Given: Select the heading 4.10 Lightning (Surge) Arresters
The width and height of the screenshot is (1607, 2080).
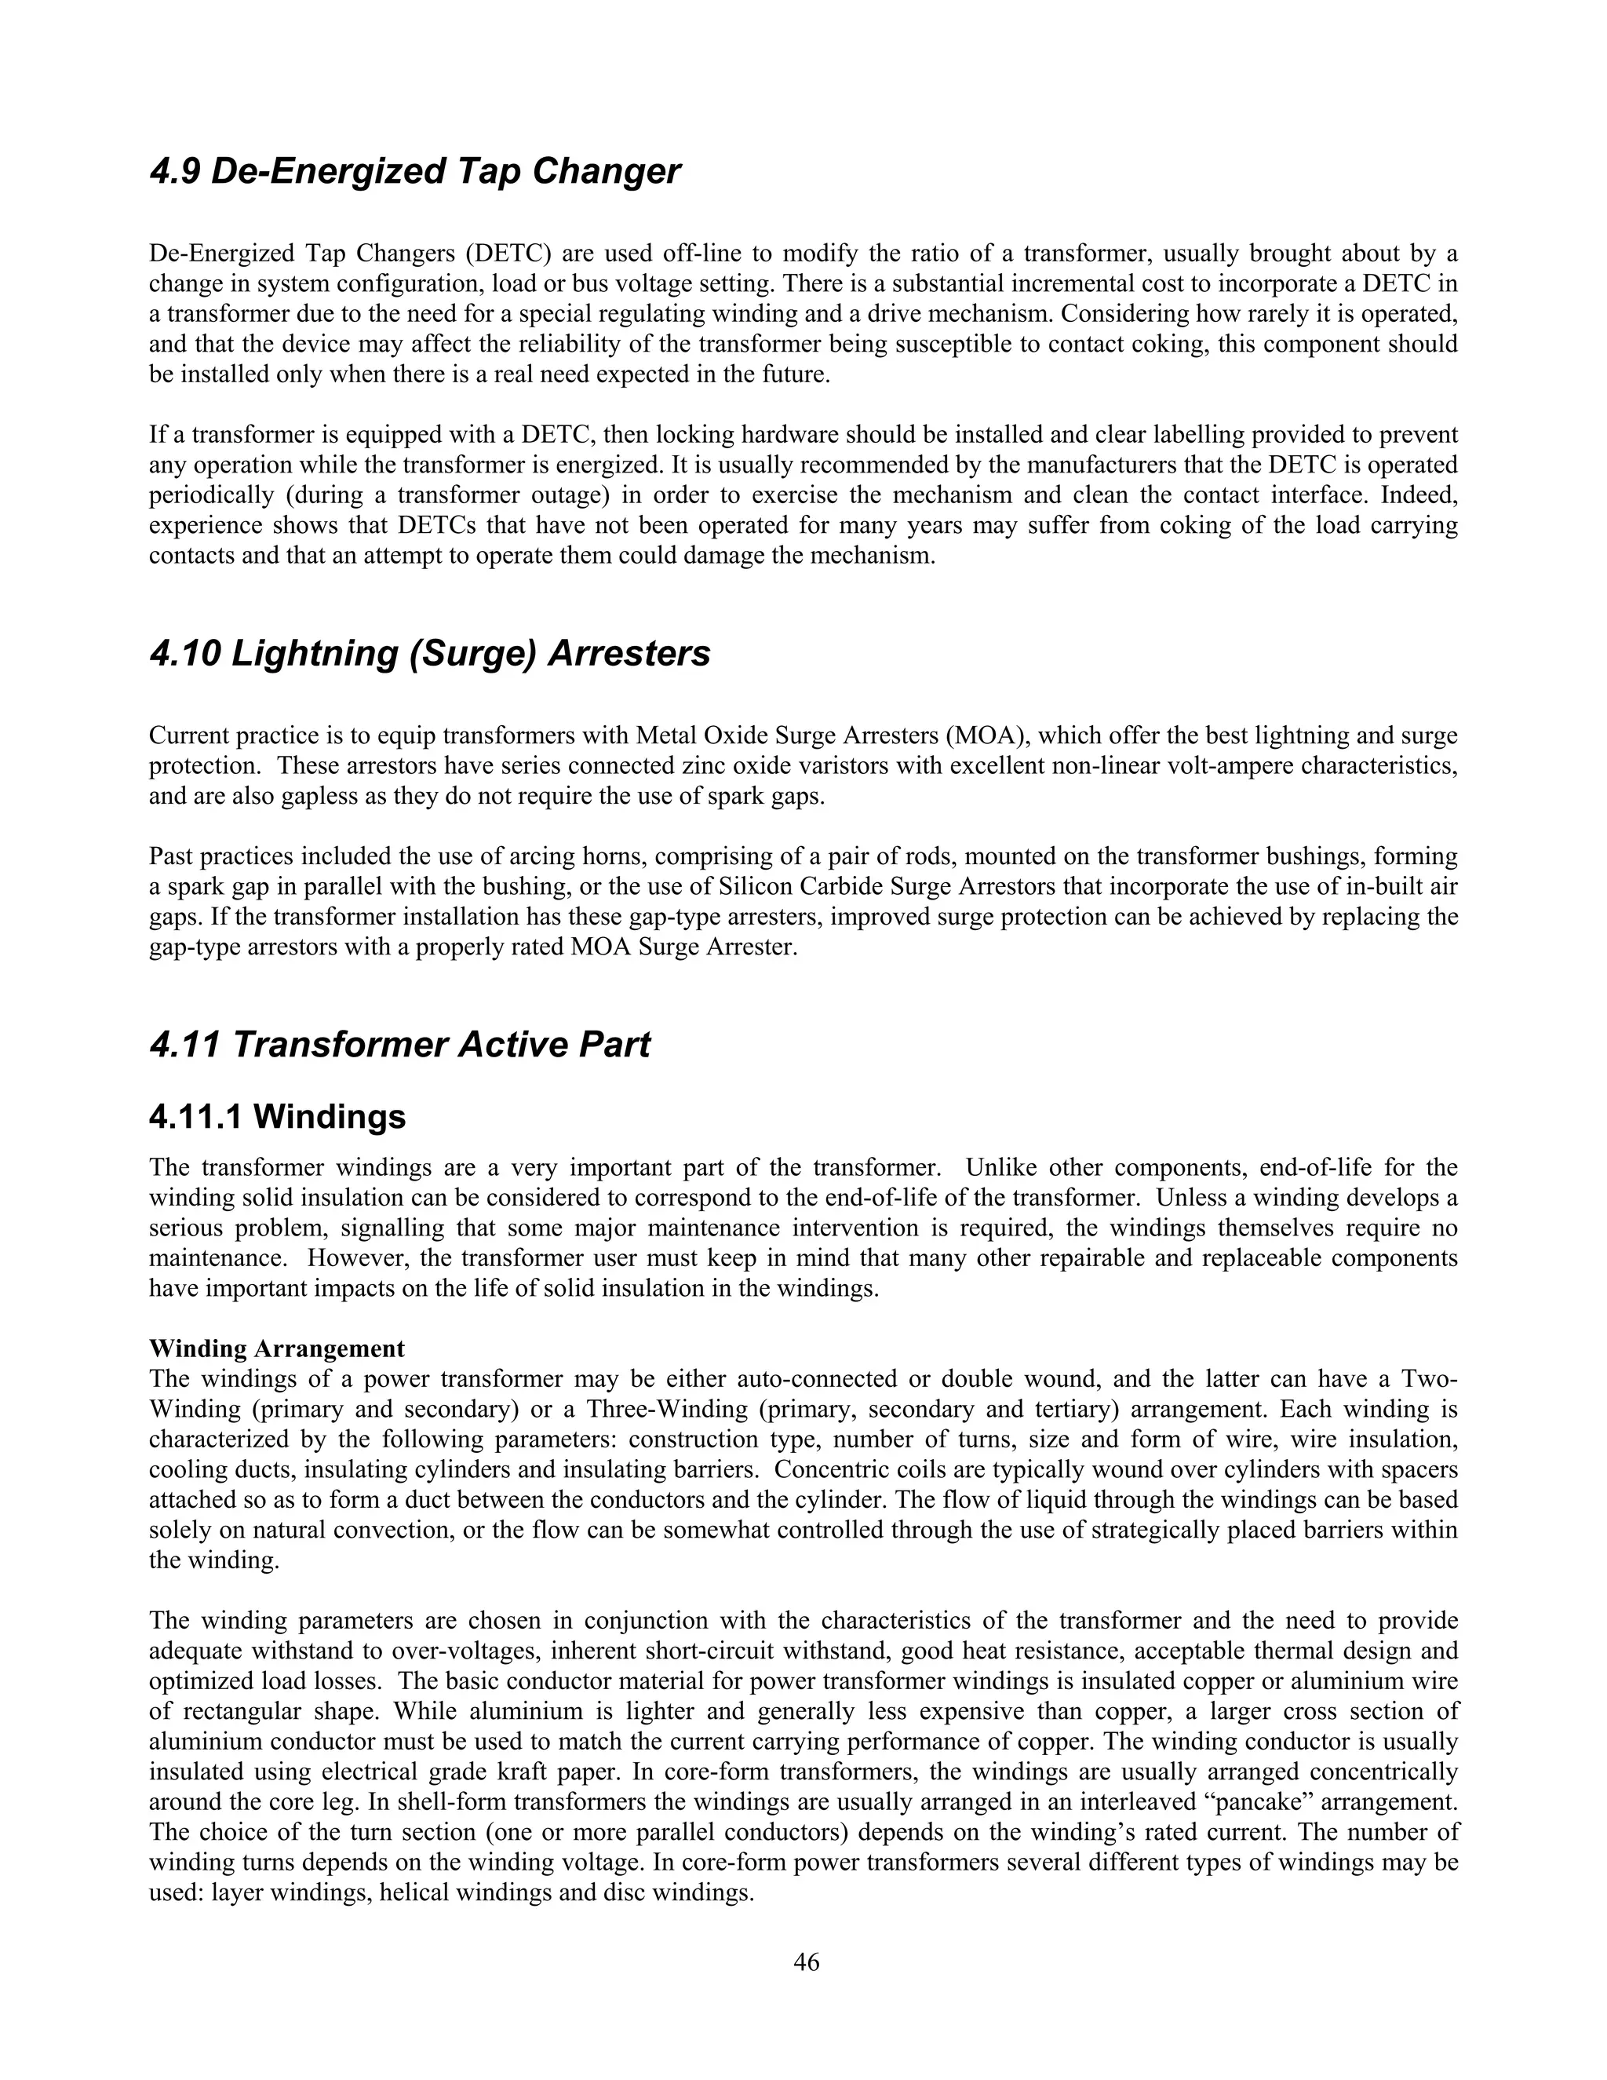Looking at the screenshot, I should coord(429,655).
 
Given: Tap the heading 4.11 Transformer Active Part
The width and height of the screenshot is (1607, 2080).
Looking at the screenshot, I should coord(400,1045).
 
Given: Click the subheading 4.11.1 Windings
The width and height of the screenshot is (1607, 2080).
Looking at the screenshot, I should coord(277,1116).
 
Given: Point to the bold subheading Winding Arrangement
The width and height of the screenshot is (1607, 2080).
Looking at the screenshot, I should coord(276,1348).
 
